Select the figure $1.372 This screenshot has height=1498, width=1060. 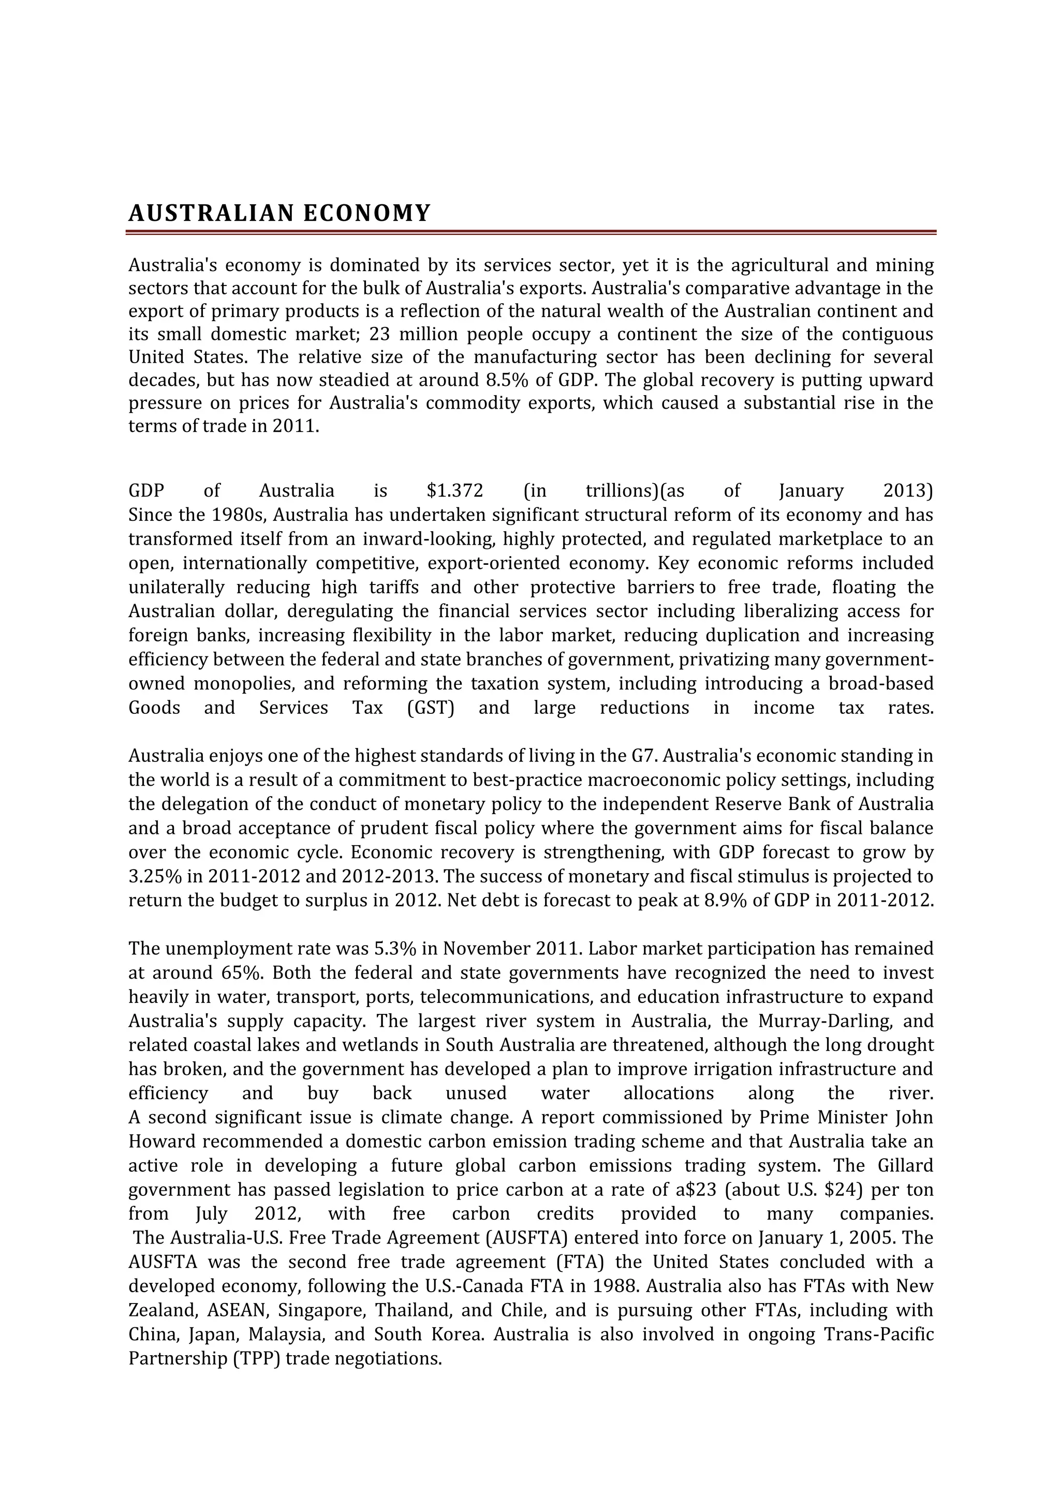[x=455, y=491]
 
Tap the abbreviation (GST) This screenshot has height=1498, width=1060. [x=430, y=708]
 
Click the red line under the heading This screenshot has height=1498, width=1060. [x=532, y=232]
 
